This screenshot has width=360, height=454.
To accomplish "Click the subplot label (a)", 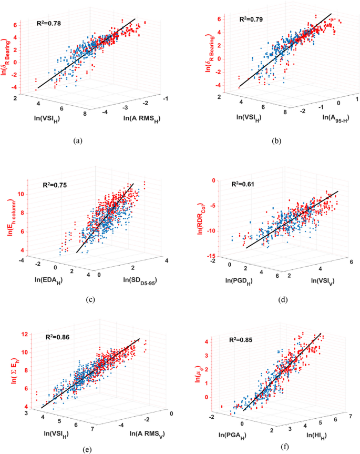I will tap(78, 140).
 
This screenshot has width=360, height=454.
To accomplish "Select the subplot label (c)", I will tap(90, 300).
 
